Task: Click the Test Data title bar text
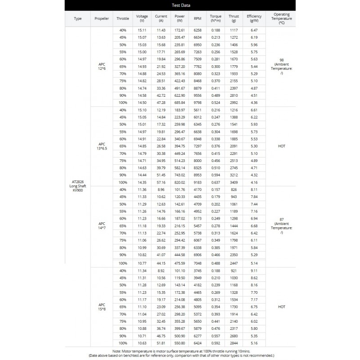click(180, 5)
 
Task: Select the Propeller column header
click(102, 18)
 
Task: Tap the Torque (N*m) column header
click(216, 18)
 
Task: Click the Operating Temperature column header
click(281, 18)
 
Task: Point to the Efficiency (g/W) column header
click(254, 18)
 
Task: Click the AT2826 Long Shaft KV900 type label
click(78, 186)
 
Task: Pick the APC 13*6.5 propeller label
click(102, 146)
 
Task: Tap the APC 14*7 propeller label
click(102, 226)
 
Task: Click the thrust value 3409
click(234, 182)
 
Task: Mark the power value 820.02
click(180, 182)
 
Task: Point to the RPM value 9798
click(198, 103)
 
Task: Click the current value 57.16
click(161, 182)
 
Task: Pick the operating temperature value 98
click(281, 60)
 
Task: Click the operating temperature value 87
click(281, 219)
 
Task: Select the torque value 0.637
click(216, 182)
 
